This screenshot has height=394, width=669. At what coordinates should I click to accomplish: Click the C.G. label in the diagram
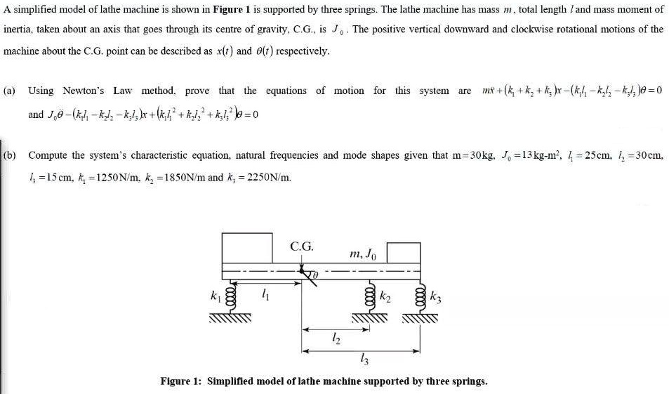click(302, 247)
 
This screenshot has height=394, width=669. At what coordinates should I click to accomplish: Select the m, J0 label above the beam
click(364, 252)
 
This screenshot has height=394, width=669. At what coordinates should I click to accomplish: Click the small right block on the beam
click(403, 252)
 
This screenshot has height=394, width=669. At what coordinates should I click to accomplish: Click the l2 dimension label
click(334, 339)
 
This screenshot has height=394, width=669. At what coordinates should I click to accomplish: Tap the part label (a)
click(11, 91)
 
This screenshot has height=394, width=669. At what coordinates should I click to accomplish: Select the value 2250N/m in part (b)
click(266, 177)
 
